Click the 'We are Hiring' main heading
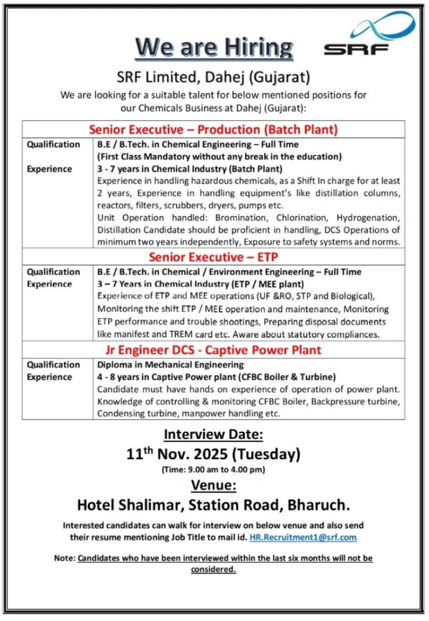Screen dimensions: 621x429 214,47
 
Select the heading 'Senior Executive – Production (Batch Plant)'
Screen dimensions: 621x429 213,129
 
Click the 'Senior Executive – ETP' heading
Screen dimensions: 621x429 213,257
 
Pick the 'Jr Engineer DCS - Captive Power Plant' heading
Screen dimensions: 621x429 213,350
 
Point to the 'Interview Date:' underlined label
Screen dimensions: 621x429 214,434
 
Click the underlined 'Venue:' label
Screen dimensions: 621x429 214,486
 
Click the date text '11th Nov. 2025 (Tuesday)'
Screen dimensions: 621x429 214,454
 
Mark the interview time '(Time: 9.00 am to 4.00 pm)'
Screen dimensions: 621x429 214,469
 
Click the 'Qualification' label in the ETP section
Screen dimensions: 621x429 53,272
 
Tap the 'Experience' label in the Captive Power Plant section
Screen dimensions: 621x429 49,377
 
